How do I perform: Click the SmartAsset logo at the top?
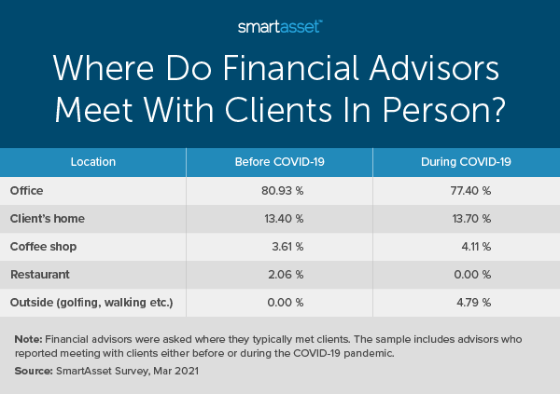279,26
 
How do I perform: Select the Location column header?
93,162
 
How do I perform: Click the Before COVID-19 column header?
279,162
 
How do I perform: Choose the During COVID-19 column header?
466,162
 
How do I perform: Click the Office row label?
26,191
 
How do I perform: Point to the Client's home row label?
47,220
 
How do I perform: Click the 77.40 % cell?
469,191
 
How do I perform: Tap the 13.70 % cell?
469,220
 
